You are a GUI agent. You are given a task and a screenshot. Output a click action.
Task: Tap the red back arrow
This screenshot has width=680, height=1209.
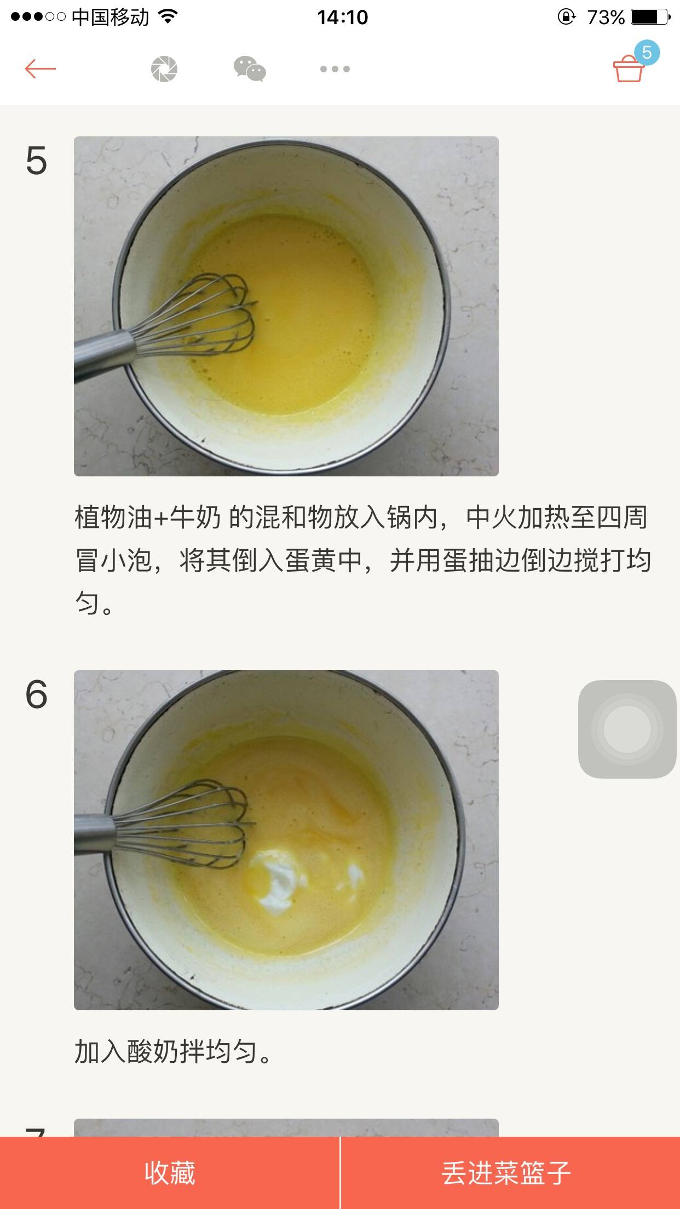(41, 69)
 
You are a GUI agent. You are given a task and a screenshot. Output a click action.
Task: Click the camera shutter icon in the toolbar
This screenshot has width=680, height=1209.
(164, 70)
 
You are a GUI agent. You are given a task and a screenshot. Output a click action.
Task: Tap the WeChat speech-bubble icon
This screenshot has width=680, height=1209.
(250, 69)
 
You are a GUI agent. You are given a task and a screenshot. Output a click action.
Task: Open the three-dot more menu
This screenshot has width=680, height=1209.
(335, 69)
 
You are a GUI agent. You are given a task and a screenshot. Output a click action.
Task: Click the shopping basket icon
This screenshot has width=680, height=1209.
(628, 70)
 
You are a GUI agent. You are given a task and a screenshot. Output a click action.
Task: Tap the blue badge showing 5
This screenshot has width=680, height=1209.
(647, 53)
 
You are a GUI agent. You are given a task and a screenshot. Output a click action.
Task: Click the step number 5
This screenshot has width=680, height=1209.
(36, 161)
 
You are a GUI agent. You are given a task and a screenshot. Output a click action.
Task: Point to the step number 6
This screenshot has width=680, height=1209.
(36, 695)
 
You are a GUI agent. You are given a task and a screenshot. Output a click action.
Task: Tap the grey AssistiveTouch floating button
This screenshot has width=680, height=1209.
(627, 729)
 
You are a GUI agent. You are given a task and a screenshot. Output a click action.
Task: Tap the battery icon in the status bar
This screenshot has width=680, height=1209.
(650, 17)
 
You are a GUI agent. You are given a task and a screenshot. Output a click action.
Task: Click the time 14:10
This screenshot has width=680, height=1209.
(343, 18)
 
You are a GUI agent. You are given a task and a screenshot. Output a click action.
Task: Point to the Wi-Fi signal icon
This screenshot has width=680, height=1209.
(168, 17)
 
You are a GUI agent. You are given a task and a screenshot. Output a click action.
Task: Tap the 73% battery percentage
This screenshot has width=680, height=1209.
(606, 18)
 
